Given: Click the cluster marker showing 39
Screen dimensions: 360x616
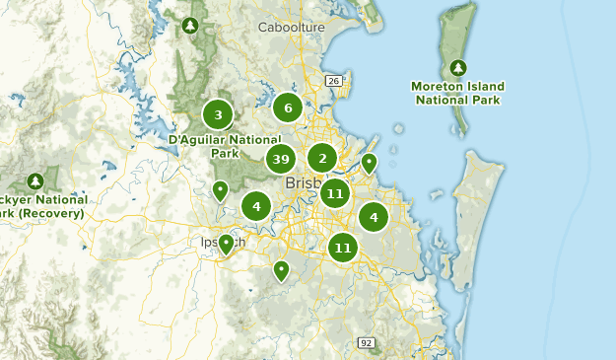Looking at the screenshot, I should coord(281,159).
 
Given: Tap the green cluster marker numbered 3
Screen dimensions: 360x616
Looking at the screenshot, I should coord(218,114).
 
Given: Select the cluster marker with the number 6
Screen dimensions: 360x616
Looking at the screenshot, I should coord(288,108).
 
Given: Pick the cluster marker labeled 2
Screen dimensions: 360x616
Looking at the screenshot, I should coord(321,158).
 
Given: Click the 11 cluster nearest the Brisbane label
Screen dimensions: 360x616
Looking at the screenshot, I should coord(335,193).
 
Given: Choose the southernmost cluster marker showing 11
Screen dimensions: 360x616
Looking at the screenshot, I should coord(342,247).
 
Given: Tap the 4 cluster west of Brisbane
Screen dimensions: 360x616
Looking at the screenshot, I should coord(256,206).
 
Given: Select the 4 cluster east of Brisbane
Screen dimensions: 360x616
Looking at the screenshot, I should coord(374,216).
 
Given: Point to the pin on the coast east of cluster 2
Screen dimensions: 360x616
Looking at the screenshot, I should coord(369,163).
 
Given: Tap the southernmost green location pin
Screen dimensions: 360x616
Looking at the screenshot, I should coord(281,269).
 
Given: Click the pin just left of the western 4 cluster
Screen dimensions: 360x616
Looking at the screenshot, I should coord(220,189).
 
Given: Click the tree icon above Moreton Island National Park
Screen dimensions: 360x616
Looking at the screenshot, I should coord(457,67).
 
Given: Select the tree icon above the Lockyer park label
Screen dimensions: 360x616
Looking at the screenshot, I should coord(35,181).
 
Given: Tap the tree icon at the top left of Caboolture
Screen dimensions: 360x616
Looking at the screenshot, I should coord(190,25).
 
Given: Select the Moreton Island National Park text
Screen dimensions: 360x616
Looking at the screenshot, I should coord(457,93).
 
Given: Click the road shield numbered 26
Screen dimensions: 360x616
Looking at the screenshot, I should coord(334,81).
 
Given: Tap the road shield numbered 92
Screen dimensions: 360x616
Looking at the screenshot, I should coord(366,342).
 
